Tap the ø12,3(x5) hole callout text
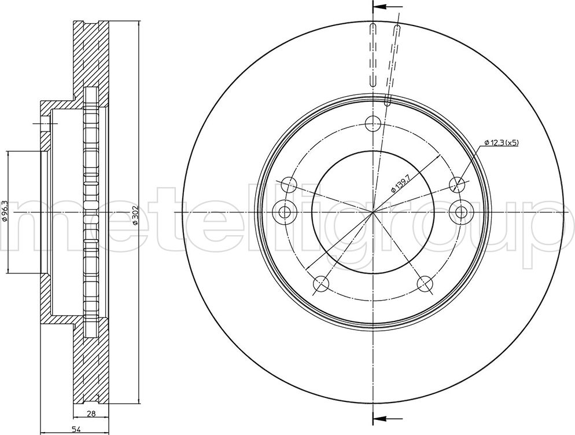(501, 142)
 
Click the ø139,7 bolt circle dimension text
(400, 184)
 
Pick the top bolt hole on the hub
(373, 122)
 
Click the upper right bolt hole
(458, 184)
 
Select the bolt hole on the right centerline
(461, 213)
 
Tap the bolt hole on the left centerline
(285, 213)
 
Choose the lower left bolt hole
(320, 283)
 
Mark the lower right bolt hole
(425, 283)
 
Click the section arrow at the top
(387, 7)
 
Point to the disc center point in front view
(373, 213)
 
